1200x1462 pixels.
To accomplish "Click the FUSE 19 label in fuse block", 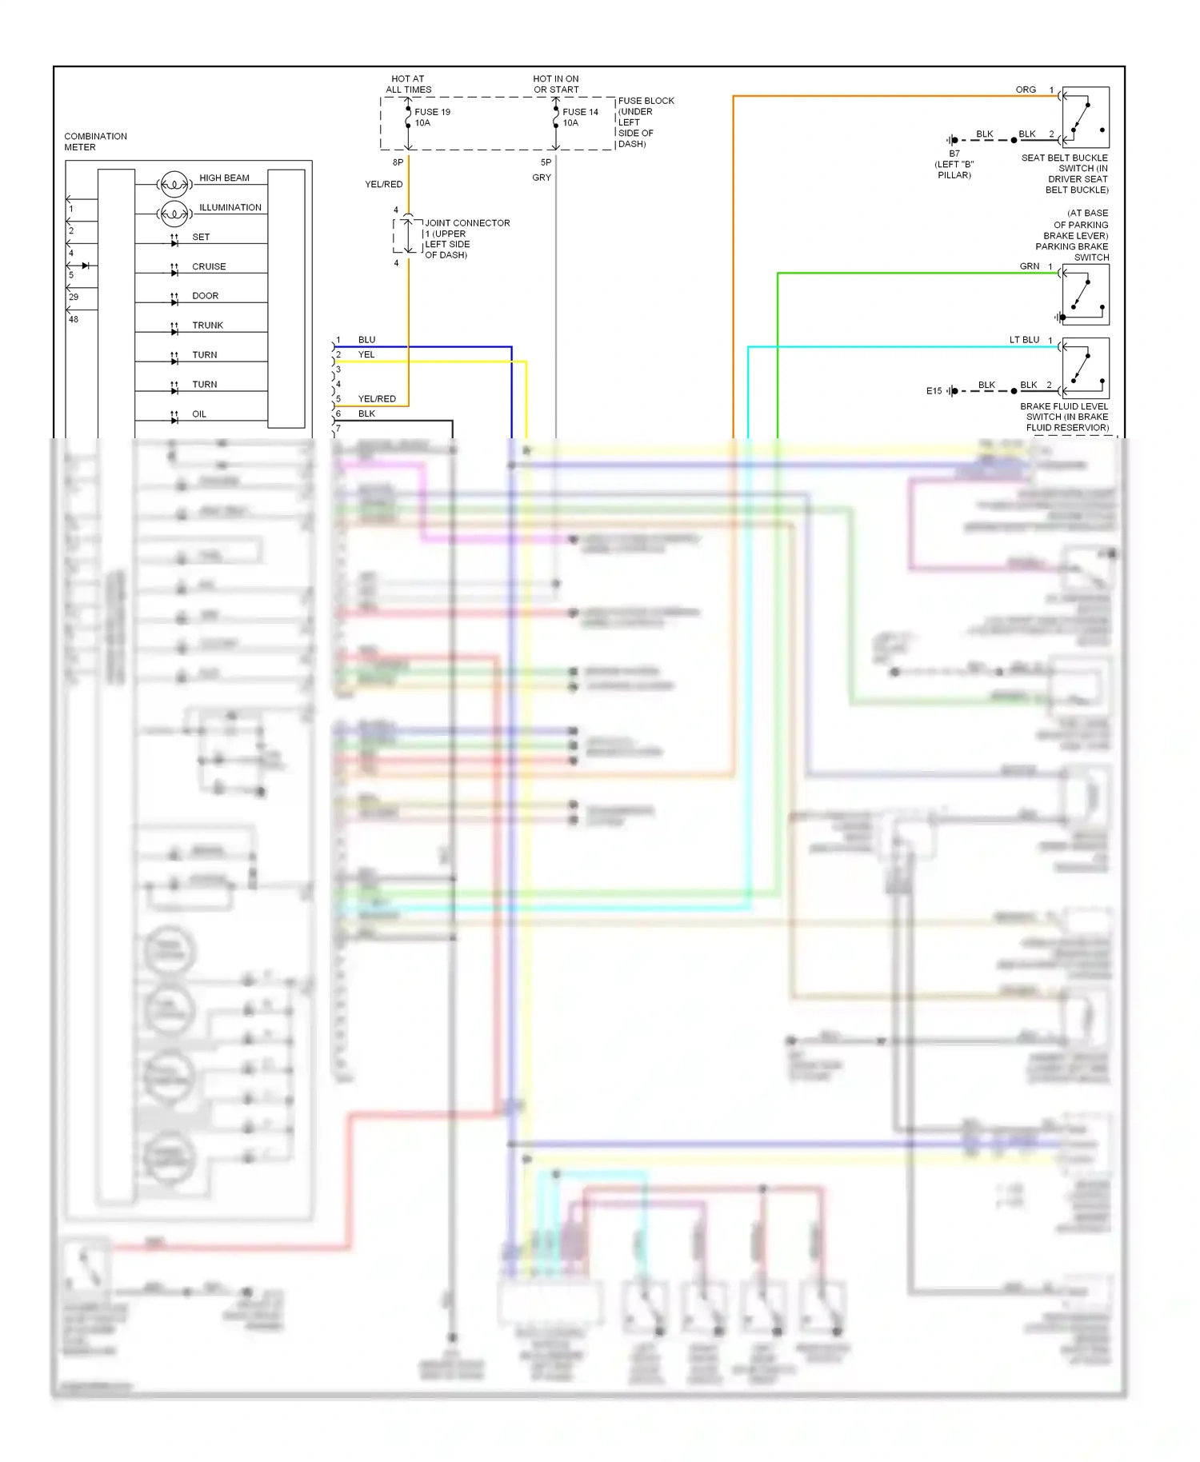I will coord(432,112).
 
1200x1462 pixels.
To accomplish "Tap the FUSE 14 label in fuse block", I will coord(580,112).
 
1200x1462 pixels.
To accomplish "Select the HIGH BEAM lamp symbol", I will coord(174,185).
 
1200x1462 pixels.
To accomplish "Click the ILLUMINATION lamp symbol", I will coord(174,214).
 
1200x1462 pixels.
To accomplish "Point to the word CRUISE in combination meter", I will coord(209,266).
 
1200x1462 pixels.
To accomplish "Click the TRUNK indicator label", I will coord(207,326).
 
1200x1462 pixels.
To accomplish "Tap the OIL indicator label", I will coord(199,414).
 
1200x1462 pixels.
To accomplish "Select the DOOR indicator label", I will coord(205,296).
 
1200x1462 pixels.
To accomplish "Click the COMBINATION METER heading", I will coord(95,142).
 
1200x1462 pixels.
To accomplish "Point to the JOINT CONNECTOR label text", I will coord(467,223).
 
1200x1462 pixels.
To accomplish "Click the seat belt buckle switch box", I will coord(1086,117).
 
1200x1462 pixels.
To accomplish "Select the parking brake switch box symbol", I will coord(1086,294).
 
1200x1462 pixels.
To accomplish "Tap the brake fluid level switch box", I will coord(1086,369).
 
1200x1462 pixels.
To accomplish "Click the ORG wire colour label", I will coord(1026,90).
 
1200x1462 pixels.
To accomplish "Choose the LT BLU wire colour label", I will coord(1024,340).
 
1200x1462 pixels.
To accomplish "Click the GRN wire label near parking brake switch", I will coord(1029,266).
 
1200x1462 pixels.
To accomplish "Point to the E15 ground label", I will coord(934,391).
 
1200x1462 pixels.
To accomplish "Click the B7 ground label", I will coord(954,154).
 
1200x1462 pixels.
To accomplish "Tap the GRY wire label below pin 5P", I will coord(542,178).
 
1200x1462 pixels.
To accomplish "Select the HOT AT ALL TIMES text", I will coord(408,84).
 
